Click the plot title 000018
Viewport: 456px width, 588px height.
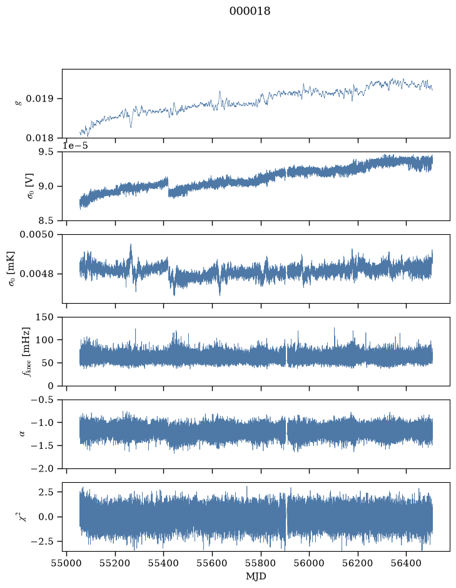(x=250, y=11)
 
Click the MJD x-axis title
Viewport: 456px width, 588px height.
(x=256, y=576)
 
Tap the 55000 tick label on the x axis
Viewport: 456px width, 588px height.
(x=67, y=563)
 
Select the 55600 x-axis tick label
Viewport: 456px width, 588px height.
(x=213, y=563)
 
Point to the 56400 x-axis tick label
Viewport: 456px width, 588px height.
(x=407, y=563)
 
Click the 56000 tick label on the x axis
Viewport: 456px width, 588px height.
(x=310, y=563)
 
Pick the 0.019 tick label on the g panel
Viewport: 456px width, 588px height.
(x=39, y=99)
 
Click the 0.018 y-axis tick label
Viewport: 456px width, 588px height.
(x=39, y=138)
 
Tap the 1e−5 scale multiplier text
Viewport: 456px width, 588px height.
(x=75, y=145)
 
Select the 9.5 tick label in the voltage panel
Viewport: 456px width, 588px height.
(x=46, y=152)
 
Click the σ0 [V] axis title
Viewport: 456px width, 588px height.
(x=31, y=186)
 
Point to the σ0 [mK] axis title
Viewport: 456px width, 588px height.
(x=13, y=269)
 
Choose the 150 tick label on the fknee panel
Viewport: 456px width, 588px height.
(x=44, y=317)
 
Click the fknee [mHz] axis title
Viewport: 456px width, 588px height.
(x=26, y=351)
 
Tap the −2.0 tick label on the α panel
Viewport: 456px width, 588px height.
(x=43, y=469)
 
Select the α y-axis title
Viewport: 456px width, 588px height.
(x=22, y=434)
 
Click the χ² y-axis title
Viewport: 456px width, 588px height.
(x=23, y=517)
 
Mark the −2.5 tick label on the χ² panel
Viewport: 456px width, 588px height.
(x=43, y=542)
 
